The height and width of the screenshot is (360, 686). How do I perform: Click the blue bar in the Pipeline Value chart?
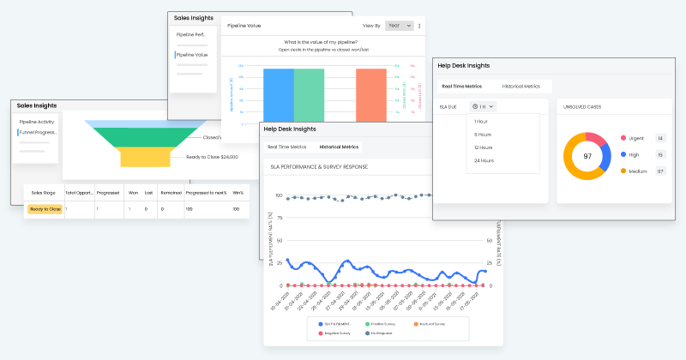(x=279, y=94)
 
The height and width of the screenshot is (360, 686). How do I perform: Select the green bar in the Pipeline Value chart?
(x=309, y=94)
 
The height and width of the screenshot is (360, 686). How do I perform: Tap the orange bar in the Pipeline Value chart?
(x=370, y=94)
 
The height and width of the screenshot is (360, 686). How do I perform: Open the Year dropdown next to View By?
(x=399, y=26)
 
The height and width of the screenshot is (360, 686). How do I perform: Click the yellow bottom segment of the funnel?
(x=151, y=158)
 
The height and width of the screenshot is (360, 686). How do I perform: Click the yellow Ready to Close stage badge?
(x=45, y=209)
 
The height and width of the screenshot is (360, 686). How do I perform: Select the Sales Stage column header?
(x=43, y=193)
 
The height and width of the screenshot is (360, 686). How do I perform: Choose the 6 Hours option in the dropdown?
(x=483, y=135)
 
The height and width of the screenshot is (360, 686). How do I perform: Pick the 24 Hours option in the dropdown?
(x=484, y=160)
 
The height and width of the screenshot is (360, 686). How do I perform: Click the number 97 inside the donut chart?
(x=587, y=157)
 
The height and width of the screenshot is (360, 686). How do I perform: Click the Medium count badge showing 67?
(x=660, y=171)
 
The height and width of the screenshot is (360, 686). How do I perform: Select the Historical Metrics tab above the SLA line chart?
(x=339, y=147)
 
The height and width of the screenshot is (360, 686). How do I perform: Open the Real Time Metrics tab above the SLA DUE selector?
(x=461, y=87)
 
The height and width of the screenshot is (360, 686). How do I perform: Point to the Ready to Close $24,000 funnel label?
(x=212, y=157)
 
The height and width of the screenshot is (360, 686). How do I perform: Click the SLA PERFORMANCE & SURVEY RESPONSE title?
(x=319, y=165)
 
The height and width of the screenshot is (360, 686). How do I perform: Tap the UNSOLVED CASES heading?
(x=582, y=106)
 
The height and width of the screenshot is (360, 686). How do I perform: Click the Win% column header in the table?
(x=237, y=193)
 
